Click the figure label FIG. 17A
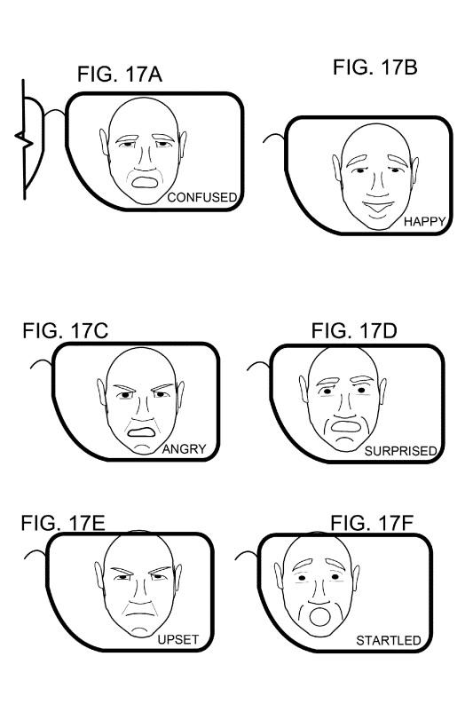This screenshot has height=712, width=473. tap(120, 74)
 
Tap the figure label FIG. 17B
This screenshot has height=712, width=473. tap(375, 67)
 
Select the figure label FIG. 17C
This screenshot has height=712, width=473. tap(66, 330)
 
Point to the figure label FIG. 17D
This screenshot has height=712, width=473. tap(354, 330)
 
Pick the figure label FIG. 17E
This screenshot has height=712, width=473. tap(63, 523)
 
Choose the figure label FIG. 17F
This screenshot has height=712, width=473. tap(372, 523)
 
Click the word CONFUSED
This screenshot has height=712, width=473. tap(202, 197)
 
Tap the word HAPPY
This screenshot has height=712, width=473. tap(425, 222)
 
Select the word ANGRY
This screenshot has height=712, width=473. tap(185, 449)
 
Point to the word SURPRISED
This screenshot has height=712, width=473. tap(400, 451)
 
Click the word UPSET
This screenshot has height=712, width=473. tap(178, 640)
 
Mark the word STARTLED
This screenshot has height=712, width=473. tap(389, 641)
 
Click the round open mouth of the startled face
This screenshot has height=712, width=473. tap(319, 617)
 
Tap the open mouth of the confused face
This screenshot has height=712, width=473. tap(145, 182)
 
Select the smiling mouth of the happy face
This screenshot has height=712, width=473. tap(379, 208)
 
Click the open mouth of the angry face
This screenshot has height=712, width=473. tap(142, 431)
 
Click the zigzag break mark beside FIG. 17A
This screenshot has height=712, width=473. tap(24, 139)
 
